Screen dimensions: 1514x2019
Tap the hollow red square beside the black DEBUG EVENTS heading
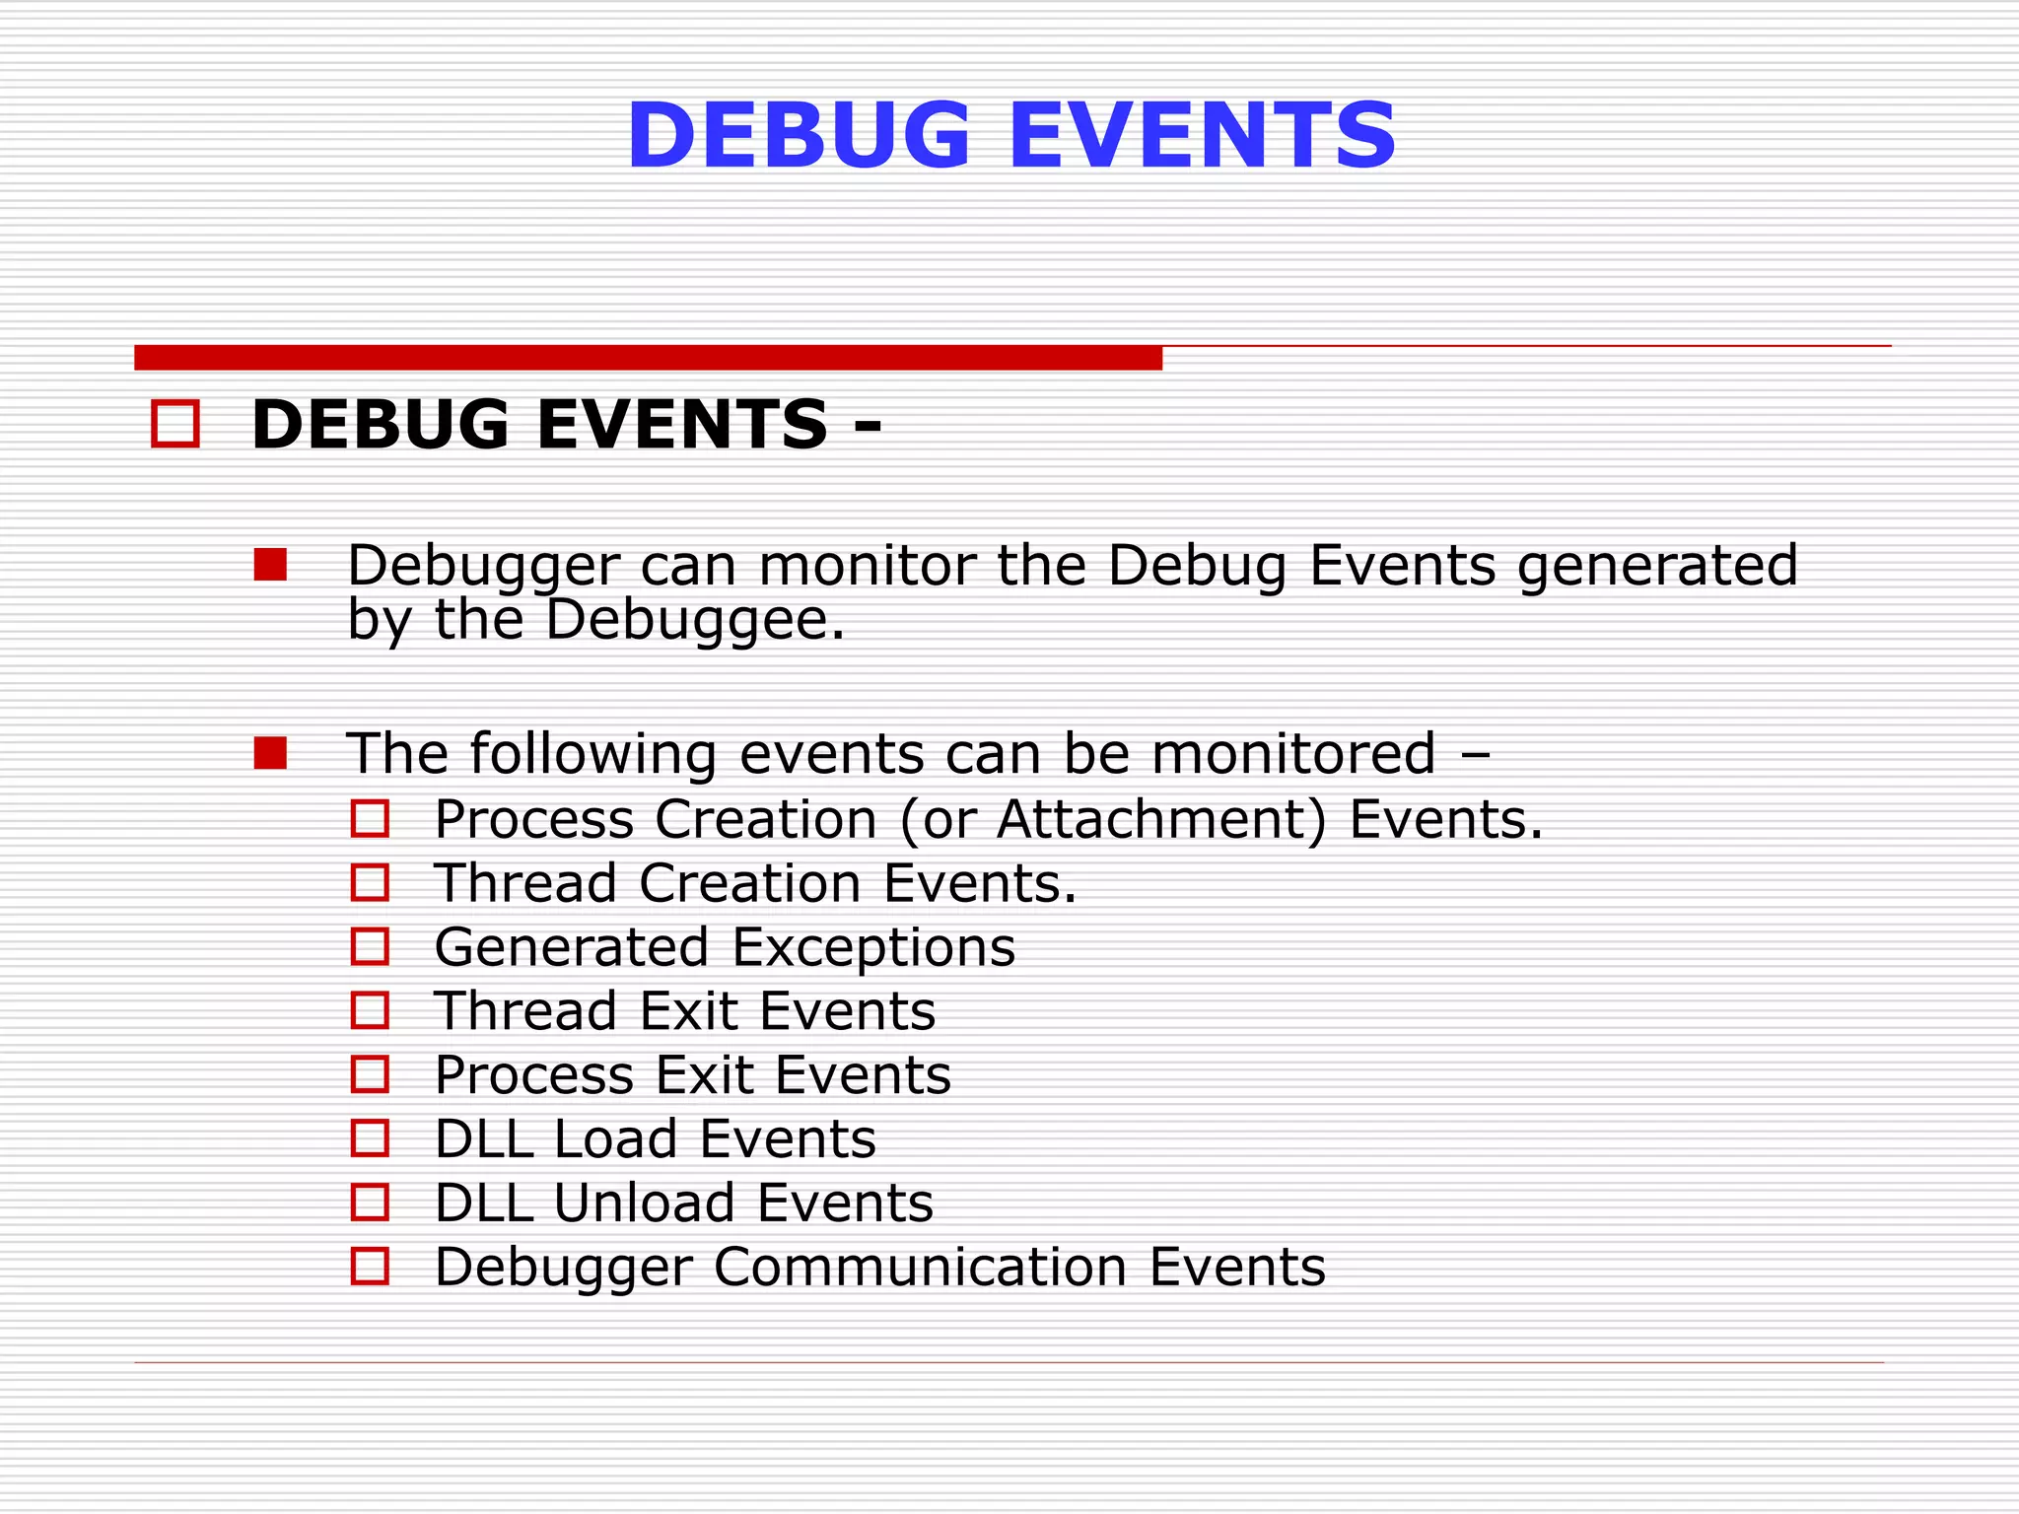[x=175, y=424]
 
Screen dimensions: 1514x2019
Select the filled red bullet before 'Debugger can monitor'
[x=270, y=565]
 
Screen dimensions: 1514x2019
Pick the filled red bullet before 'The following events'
[x=270, y=753]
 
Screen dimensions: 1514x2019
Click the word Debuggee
[x=694, y=620]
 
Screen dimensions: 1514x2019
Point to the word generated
[x=1657, y=567]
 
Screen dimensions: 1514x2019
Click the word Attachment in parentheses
[x=1161, y=819]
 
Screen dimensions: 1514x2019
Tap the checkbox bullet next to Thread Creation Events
[x=370, y=882]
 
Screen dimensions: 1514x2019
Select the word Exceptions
[x=873, y=947]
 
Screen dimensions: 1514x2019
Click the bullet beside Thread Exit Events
[x=370, y=1010]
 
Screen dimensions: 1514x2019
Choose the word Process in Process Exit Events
[x=534, y=1074]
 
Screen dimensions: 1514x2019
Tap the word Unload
[x=644, y=1203]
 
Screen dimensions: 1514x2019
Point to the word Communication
[x=920, y=1267]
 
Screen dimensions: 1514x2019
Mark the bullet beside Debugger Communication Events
[x=370, y=1267]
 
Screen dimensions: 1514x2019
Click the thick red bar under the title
[x=648, y=358]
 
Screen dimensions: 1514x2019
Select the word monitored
[x=1292, y=754]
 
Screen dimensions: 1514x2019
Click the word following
[x=592, y=756]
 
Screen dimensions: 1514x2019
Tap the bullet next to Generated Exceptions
[x=370, y=946]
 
